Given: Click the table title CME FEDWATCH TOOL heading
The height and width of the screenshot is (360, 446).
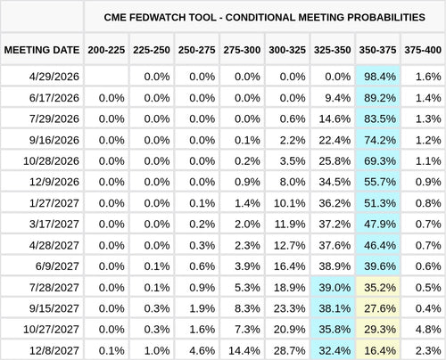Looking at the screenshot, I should pyautogui.click(x=264, y=16).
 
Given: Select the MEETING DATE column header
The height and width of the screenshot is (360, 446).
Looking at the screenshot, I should pyautogui.click(x=42, y=49).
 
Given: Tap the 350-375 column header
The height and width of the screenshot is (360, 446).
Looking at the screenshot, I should pyautogui.click(x=377, y=49).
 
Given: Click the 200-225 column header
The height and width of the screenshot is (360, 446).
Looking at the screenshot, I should pyautogui.click(x=106, y=49).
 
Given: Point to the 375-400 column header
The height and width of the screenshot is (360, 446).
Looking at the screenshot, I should pyautogui.click(x=423, y=49).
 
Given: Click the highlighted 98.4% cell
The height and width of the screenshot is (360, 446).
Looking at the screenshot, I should pyautogui.click(x=377, y=78).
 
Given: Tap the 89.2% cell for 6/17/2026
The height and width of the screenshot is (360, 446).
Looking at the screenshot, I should pyautogui.click(x=377, y=98).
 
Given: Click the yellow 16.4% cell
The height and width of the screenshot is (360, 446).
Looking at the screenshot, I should pyautogui.click(x=377, y=349).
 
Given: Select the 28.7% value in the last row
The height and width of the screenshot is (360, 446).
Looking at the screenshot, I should pyautogui.click(x=286, y=349).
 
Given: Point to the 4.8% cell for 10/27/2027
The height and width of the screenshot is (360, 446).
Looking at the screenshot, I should pyautogui.click(x=423, y=328).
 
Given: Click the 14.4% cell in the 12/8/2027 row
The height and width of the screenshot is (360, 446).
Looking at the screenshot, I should pyautogui.click(x=241, y=349).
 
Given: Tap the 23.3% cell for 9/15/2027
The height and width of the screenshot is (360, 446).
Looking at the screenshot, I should pyautogui.click(x=286, y=307).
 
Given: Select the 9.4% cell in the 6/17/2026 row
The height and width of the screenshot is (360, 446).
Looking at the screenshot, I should pyautogui.click(x=332, y=98).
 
